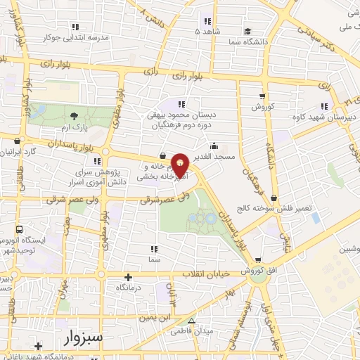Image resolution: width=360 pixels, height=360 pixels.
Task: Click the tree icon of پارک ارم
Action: click(x=74, y=116)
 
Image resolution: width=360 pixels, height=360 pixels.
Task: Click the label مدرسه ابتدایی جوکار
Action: click(x=75, y=37)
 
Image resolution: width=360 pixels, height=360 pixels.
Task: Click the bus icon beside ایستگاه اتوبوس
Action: click(x=19, y=229)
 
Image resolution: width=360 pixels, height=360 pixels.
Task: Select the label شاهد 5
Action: click(x=207, y=32)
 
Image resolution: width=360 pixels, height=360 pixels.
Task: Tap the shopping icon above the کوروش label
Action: click(x=262, y=96)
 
